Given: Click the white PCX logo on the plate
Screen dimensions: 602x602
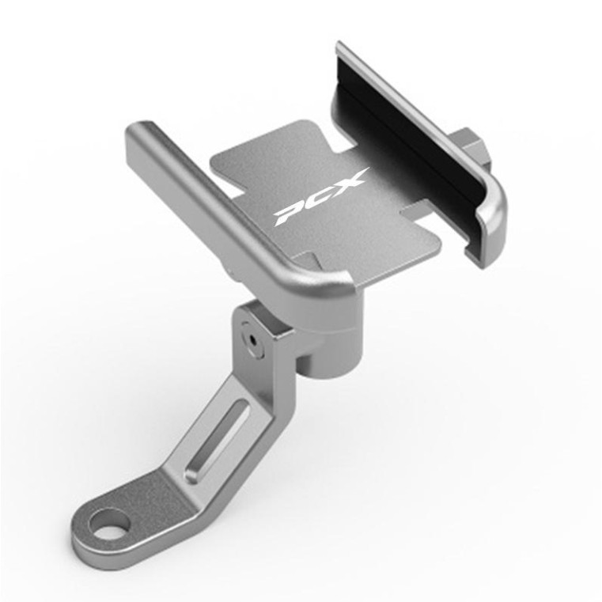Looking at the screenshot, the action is (x=320, y=196).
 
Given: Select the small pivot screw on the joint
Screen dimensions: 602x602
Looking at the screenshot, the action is (x=252, y=339).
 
